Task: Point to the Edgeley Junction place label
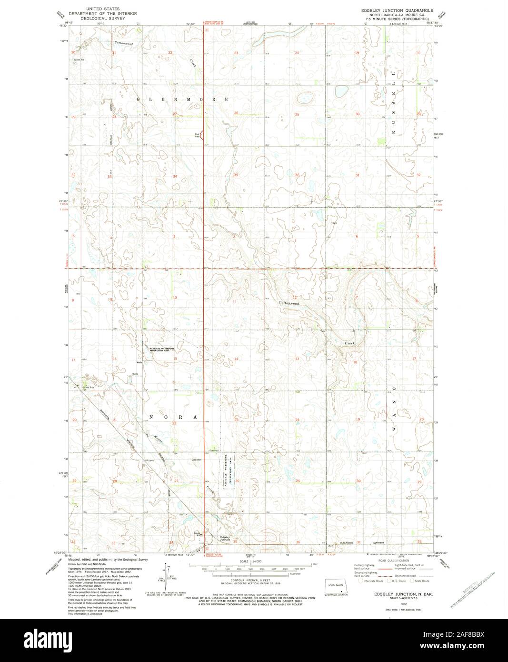[x=225, y=538]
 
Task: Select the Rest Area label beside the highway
[x=197, y=135]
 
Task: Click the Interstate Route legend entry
[x=371, y=581]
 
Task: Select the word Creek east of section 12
[x=350, y=343]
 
